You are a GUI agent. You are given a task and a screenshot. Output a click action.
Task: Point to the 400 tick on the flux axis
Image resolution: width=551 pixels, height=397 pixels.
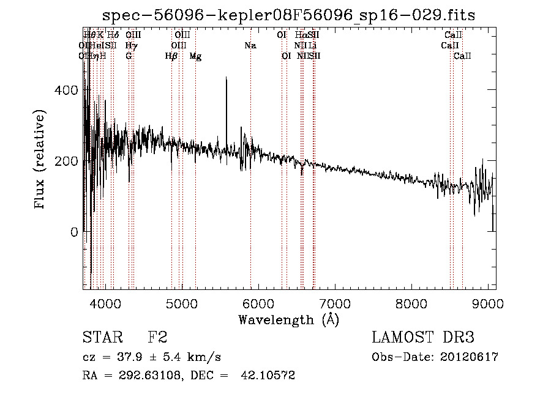tap(69, 91)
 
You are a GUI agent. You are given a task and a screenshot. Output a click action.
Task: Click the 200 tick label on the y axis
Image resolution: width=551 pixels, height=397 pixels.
tap(69, 161)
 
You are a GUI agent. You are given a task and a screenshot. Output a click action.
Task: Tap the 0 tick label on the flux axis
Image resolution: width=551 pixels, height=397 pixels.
tap(74, 232)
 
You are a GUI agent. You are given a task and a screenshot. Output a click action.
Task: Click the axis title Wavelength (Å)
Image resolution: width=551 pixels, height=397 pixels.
tap(288, 319)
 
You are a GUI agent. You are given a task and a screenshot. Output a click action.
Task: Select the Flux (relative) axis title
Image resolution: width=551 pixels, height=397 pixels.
tap(40, 160)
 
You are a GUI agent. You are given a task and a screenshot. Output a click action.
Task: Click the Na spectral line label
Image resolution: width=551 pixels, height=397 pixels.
tap(250, 45)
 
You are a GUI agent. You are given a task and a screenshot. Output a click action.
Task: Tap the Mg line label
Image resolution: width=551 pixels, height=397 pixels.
tap(195, 56)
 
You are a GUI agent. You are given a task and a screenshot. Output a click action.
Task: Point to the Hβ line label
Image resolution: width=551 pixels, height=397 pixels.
tap(171, 56)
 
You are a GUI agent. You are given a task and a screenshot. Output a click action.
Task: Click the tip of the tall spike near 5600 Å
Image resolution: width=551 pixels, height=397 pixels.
tap(227, 78)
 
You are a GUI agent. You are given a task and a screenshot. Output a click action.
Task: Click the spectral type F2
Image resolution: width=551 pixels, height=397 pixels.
tap(157, 337)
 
